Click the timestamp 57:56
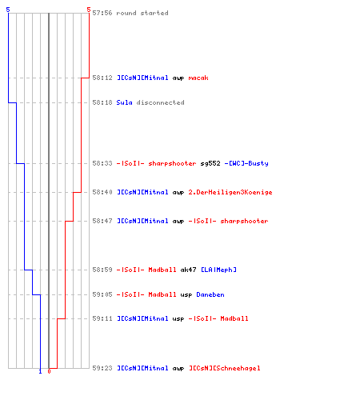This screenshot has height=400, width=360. click(x=102, y=13)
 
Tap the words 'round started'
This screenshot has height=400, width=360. click(x=142, y=13)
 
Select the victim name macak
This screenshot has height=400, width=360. click(x=198, y=78)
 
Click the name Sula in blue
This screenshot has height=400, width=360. click(x=124, y=102)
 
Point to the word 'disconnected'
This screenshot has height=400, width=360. click(x=161, y=102)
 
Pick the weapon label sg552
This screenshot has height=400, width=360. click(x=210, y=163)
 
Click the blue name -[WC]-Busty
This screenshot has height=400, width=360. click(x=246, y=163)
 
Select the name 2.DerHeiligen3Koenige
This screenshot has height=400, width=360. click(x=230, y=192)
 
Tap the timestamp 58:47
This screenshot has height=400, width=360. click(x=102, y=221)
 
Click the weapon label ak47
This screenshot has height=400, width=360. click(x=188, y=270)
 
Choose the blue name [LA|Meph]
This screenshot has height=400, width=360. click(x=218, y=270)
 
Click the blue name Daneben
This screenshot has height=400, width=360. click(x=210, y=294)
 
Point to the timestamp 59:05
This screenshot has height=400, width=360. click(x=102, y=294)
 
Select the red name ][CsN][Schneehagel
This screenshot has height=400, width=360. click(x=225, y=368)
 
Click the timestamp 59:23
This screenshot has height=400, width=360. click(x=102, y=368)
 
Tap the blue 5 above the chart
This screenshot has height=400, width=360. click(x=8, y=10)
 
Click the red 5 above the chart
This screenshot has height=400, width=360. click(x=89, y=10)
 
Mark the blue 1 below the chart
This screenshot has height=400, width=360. click(x=40, y=371)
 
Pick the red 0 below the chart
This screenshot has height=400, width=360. click(x=49, y=371)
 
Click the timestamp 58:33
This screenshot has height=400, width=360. click(x=102, y=163)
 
